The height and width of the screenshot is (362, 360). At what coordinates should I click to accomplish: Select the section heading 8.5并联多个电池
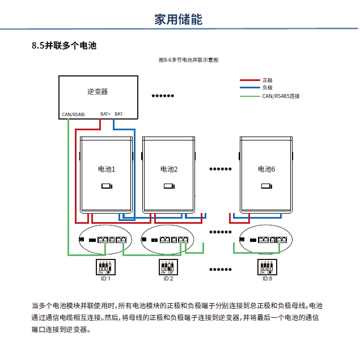64,46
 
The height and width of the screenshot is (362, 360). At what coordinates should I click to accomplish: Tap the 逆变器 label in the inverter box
98,92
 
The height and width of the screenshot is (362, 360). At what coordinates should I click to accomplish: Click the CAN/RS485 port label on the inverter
73,114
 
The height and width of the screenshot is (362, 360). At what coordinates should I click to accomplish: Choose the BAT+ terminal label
105,114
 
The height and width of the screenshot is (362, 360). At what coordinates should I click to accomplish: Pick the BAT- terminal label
119,114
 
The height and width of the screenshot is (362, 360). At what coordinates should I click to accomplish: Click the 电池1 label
107,169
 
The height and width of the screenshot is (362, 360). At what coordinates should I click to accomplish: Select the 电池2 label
169,169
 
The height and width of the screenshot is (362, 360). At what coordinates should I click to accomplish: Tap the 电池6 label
266,169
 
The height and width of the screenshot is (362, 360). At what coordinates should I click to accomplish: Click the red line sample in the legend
249,80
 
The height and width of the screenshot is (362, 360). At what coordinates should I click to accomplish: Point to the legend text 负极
268,88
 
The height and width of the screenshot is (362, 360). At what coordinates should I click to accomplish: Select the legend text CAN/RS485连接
281,96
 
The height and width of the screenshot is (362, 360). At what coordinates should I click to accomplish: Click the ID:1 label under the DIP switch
106,279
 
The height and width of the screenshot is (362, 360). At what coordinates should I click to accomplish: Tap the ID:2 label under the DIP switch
168,279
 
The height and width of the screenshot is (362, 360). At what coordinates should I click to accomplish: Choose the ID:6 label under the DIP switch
267,279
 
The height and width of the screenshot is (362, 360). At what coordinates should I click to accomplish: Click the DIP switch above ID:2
168,266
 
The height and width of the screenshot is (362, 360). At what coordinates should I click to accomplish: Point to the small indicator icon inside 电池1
107,186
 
